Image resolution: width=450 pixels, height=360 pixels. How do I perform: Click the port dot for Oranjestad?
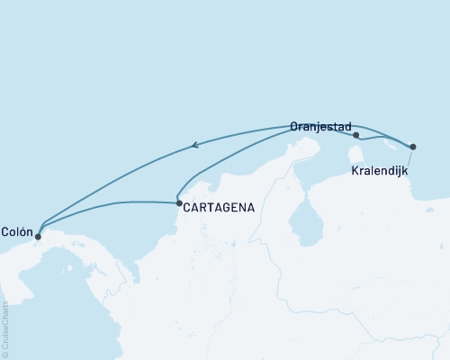pyautogui.click(x=357, y=136)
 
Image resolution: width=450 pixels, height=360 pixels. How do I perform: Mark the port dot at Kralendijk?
pyautogui.click(x=413, y=146)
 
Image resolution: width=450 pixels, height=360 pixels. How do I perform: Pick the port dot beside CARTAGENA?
pyautogui.click(x=179, y=203)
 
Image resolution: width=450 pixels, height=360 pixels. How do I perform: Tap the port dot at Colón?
pyautogui.click(x=38, y=238)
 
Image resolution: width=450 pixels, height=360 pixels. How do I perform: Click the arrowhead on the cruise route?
pyautogui.click(x=196, y=144)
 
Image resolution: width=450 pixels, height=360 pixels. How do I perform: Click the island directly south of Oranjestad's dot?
pyautogui.click(x=355, y=154)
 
